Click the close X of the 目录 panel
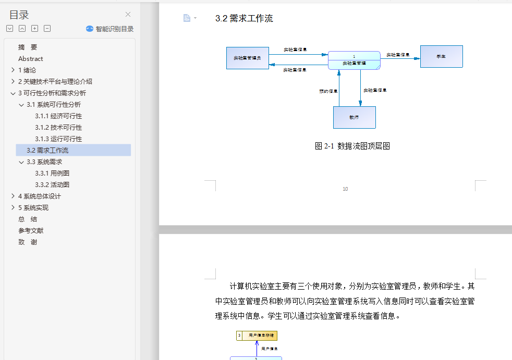coord(128,15)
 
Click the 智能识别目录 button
coord(110,29)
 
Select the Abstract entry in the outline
coord(31,59)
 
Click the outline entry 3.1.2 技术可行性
coord(58,128)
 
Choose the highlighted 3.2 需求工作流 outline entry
coord(47,151)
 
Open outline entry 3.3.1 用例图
coord(52,173)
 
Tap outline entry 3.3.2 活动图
coord(52,185)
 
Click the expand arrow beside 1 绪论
coord(13,70)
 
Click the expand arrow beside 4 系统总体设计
coord(13,196)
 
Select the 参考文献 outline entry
coord(31,231)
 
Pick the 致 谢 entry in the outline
coord(28,242)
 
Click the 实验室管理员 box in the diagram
coord(248,58)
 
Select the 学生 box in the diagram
coord(441,56)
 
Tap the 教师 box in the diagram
coord(354,117)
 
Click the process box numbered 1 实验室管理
coord(354,60)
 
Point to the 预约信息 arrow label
coord(328,91)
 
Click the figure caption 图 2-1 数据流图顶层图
coord(352,146)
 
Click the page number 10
coord(345,189)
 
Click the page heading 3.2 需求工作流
coord(244,19)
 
